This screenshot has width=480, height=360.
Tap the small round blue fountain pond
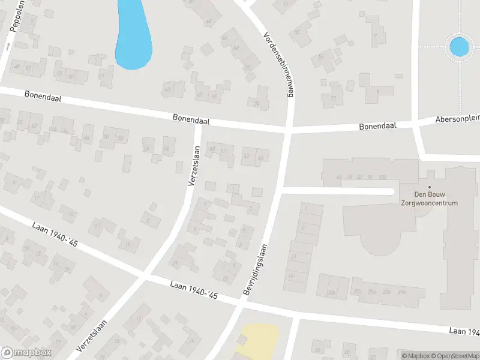point(459,46)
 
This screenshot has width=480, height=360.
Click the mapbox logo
point(26,353)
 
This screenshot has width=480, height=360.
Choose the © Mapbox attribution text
point(415,356)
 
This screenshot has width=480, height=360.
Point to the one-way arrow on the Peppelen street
point(8,46)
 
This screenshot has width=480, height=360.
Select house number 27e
point(401,292)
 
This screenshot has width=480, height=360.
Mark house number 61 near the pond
point(101,76)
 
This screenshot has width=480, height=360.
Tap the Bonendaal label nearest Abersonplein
point(378,127)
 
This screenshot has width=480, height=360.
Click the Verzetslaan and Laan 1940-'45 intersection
point(143,276)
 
